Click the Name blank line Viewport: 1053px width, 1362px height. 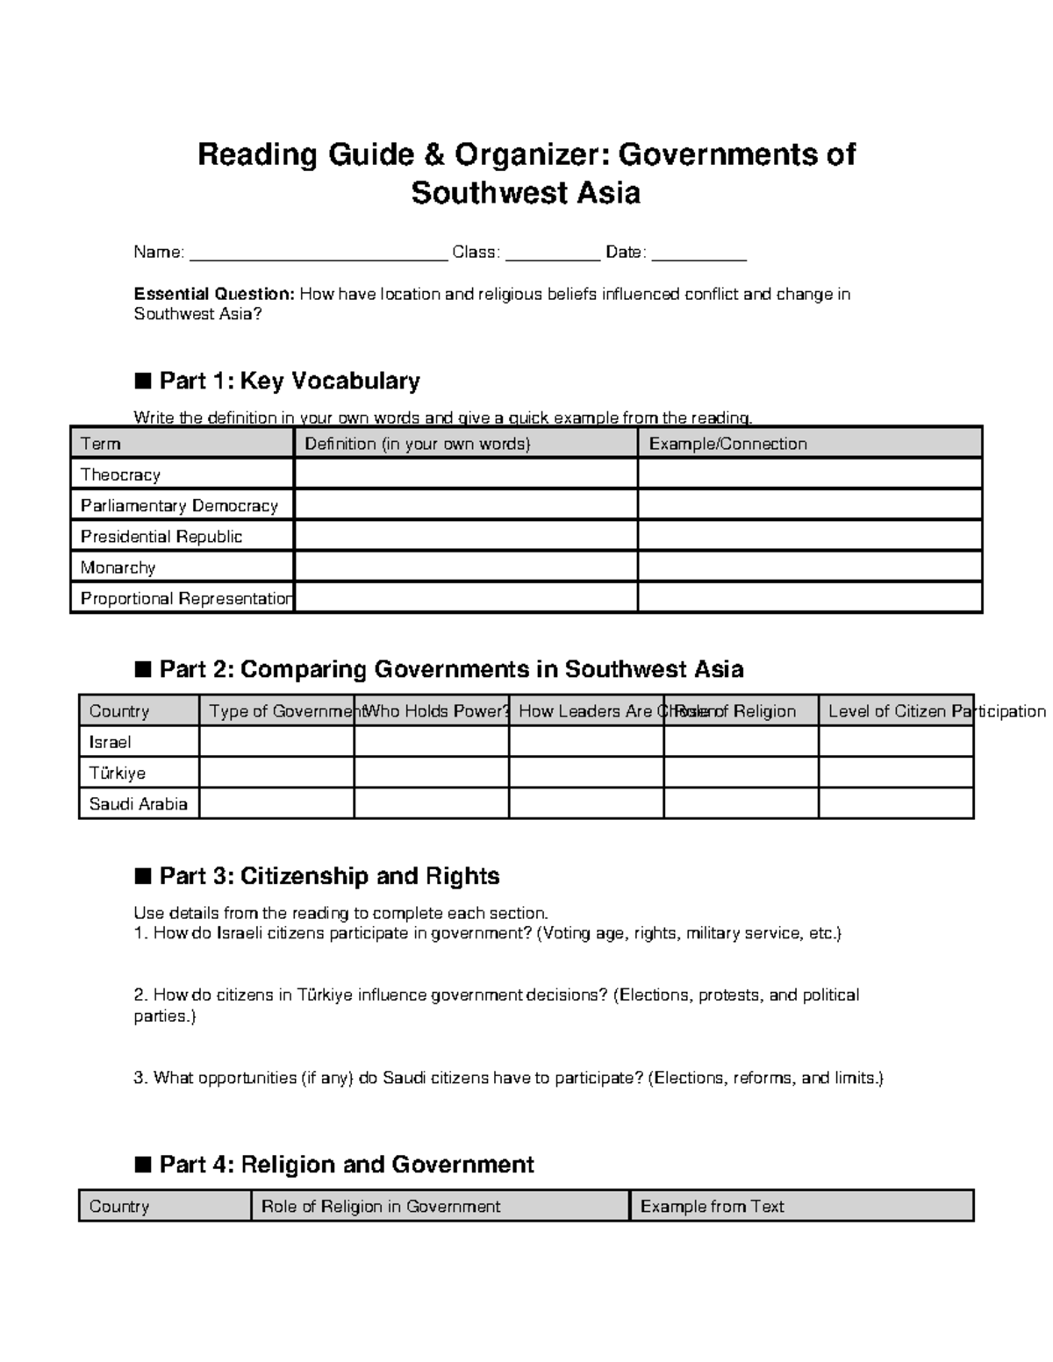click(x=318, y=254)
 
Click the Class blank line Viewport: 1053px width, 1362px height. click(x=553, y=254)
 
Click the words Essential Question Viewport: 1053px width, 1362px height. click(x=213, y=294)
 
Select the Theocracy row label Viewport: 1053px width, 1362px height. click(x=120, y=474)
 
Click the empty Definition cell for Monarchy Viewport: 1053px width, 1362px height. click(x=465, y=567)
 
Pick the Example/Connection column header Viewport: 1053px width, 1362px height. click(x=727, y=444)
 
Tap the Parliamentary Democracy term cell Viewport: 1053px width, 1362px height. click(x=179, y=505)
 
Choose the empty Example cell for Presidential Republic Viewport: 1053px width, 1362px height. click(x=809, y=536)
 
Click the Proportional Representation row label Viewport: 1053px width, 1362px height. click(x=185, y=598)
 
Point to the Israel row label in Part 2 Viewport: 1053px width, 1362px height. click(x=110, y=742)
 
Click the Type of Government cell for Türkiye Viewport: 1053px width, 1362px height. click(x=276, y=773)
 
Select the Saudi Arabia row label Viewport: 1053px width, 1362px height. click(x=138, y=803)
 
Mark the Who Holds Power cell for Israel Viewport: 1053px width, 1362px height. click(x=431, y=742)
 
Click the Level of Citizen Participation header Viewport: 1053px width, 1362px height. click(x=935, y=711)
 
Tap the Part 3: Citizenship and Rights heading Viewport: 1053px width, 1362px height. click(x=329, y=876)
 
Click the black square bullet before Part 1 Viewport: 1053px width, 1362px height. click(x=142, y=381)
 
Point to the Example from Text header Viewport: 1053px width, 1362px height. click(x=712, y=1206)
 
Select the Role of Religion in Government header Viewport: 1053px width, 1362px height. click(x=381, y=1206)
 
